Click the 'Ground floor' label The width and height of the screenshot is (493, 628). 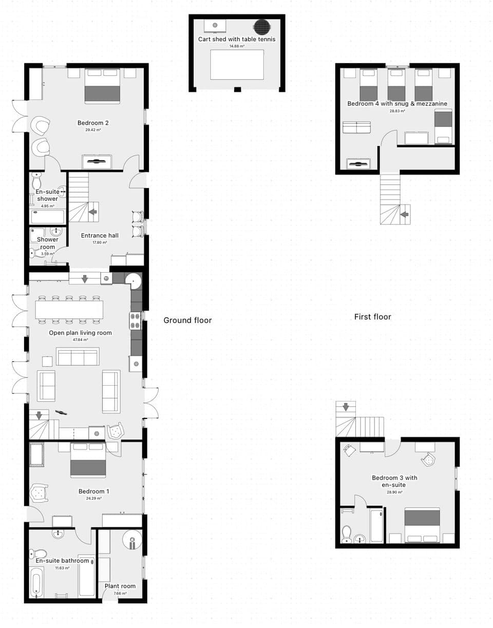(x=187, y=320)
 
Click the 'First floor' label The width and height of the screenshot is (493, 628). (x=372, y=317)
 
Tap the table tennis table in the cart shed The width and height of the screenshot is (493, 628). (x=237, y=65)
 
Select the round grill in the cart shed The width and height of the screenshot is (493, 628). (x=262, y=27)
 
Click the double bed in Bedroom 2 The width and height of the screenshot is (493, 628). (x=102, y=86)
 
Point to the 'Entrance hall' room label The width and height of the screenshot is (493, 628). (x=100, y=236)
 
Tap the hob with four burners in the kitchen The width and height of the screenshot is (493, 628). (x=135, y=321)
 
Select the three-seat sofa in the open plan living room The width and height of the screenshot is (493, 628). (x=78, y=357)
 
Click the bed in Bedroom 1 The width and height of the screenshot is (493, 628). (x=88, y=461)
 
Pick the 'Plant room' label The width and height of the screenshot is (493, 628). (x=120, y=586)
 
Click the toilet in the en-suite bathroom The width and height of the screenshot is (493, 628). (x=38, y=554)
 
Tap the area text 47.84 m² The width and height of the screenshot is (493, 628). (x=80, y=340)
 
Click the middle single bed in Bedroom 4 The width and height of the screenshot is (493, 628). (x=396, y=85)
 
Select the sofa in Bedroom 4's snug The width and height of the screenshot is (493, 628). (x=356, y=127)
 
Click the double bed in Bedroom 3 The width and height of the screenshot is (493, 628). (x=422, y=525)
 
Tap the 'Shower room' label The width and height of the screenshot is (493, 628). (x=47, y=243)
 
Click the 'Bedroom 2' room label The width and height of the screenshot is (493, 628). (x=93, y=123)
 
